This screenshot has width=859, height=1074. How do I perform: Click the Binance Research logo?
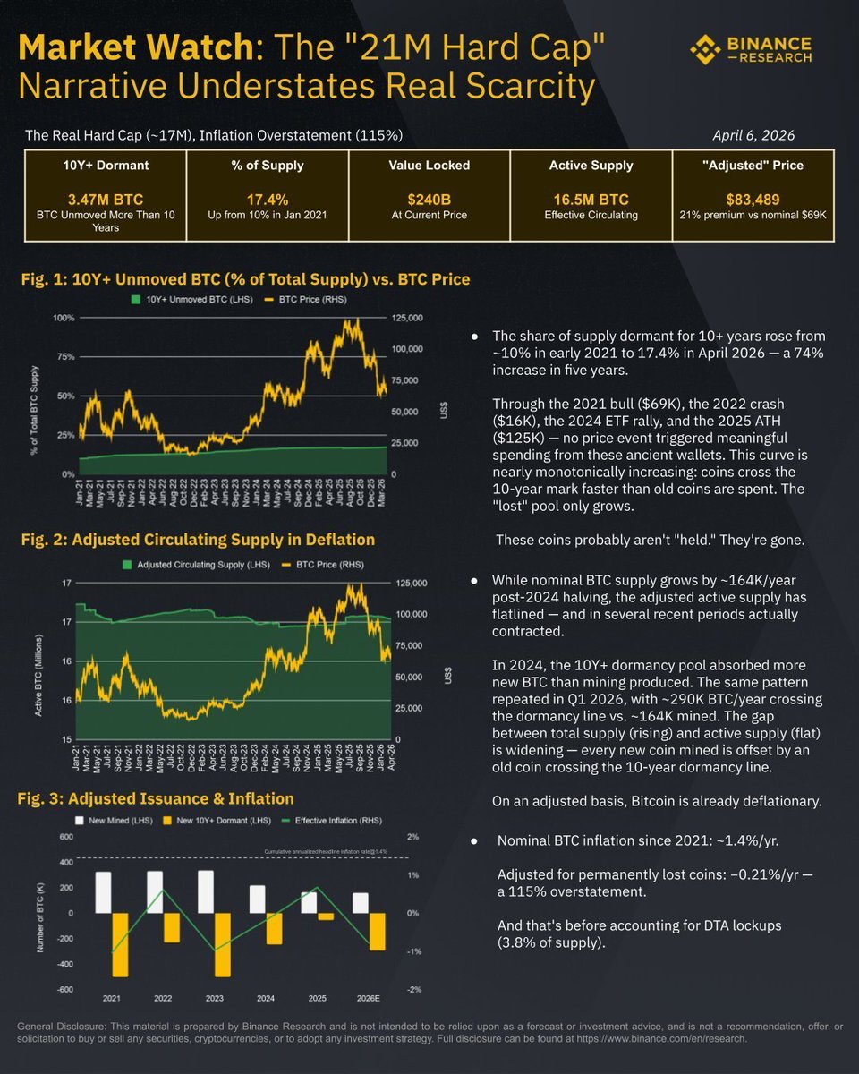751,50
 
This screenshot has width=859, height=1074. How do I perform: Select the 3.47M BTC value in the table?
105,199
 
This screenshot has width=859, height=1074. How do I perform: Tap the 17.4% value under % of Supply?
267,199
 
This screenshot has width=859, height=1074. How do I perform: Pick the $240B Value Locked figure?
429,199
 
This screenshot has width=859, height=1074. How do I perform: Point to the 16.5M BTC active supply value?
591,199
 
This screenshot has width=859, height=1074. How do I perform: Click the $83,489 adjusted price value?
753,199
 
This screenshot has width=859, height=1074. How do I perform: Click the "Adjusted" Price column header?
753,166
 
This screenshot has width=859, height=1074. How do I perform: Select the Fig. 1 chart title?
245,279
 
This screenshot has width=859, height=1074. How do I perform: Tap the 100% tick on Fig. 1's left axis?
63,318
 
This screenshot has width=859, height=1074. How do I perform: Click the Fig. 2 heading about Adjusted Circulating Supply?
198,540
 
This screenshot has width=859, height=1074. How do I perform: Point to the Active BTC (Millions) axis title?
41,661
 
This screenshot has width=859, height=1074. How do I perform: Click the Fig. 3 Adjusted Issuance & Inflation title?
157,798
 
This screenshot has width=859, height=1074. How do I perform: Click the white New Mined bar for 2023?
206,891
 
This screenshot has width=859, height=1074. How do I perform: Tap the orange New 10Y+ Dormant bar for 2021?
120,944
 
